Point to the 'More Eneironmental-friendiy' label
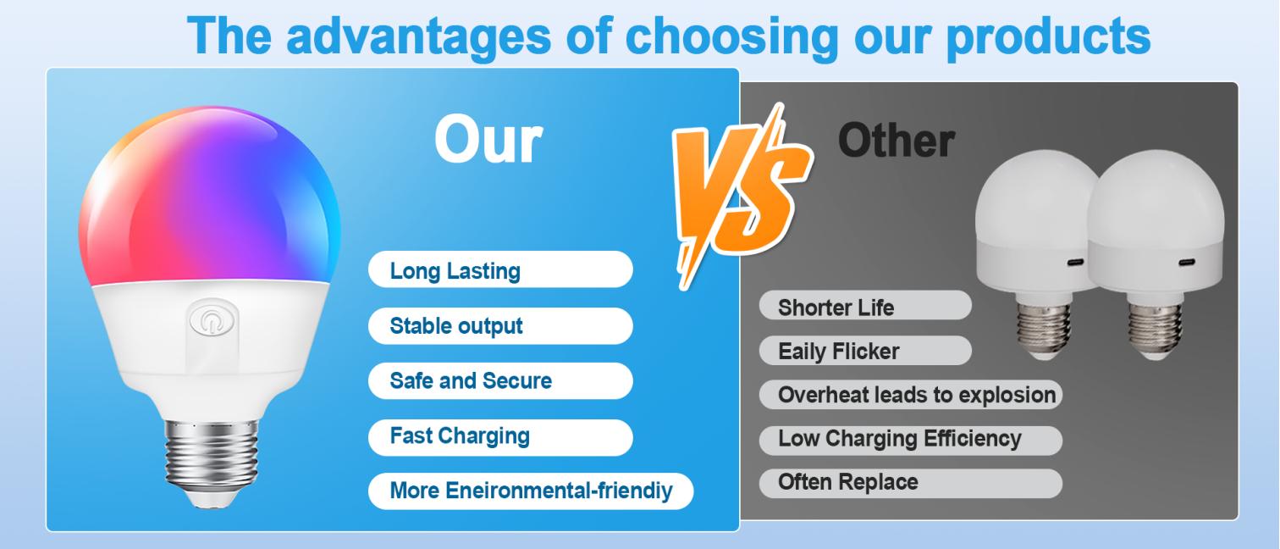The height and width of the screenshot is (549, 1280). coord(530,491)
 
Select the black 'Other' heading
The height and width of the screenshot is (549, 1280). coord(896,139)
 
